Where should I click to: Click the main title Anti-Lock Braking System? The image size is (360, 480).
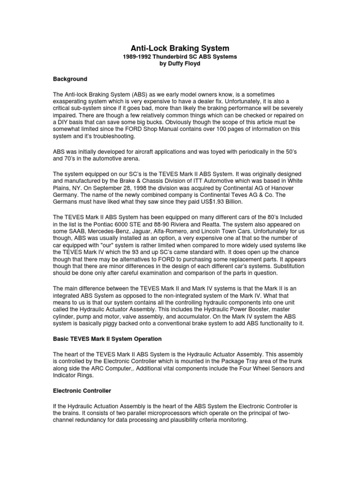click(x=180, y=48)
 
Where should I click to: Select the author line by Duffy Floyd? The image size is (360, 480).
click(x=180, y=63)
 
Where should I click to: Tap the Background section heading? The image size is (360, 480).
click(x=70, y=79)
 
